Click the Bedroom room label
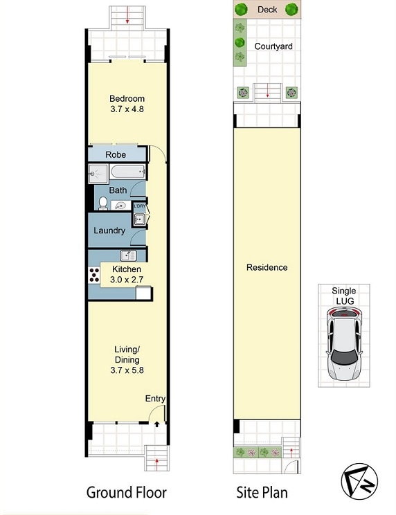pyautogui.click(x=127, y=98)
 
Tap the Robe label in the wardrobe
pyautogui.click(x=116, y=154)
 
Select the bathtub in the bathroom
pyautogui.click(x=127, y=172)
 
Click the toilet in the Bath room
pyautogui.click(x=103, y=204)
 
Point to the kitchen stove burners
pyautogui.click(x=94, y=275)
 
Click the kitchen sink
pyautogui.click(x=128, y=255)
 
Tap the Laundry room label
pyautogui.click(x=109, y=231)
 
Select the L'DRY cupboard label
pyautogui.click(x=140, y=206)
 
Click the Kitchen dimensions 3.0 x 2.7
pyautogui.click(x=127, y=280)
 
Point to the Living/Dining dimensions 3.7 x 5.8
pyautogui.click(x=127, y=370)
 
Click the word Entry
pyautogui.click(x=155, y=399)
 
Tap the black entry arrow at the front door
pyautogui.click(x=157, y=424)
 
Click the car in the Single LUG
pyautogui.click(x=344, y=345)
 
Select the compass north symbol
pyautogui.click(x=359, y=482)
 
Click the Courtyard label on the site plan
pyautogui.click(x=273, y=46)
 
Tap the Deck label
pyautogui.click(x=267, y=10)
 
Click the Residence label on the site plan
pyautogui.click(x=267, y=267)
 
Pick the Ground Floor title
pyautogui.click(x=127, y=493)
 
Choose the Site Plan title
pyautogui.click(x=262, y=493)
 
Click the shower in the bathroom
pyautogui.click(x=98, y=174)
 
